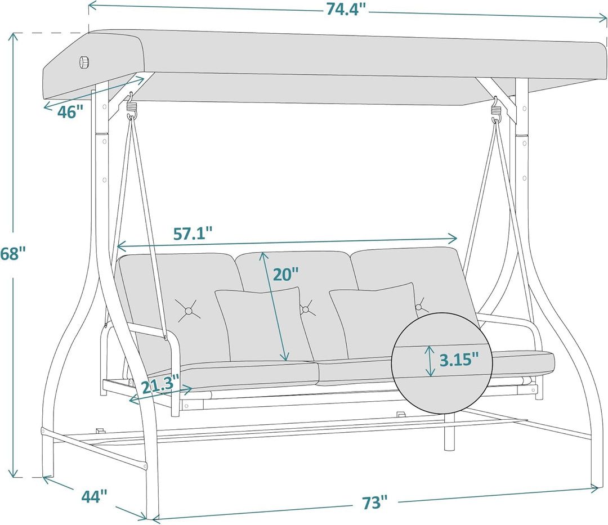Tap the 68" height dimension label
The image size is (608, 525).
pyautogui.click(x=13, y=254)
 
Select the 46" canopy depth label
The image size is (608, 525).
pyautogui.click(x=70, y=112)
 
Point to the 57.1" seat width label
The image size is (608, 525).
pyautogui.click(x=193, y=234)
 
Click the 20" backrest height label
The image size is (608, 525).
pyautogui.click(x=285, y=274)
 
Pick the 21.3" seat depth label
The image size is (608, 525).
pyautogui.click(x=160, y=387)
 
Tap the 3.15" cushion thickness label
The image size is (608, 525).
pyautogui.click(x=459, y=359)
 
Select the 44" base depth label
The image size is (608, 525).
pyautogui.click(x=94, y=496)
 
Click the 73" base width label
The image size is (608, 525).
pyautogui.click(x=375, y=502)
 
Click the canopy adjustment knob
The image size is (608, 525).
pyautogui.click(x=84, y=62)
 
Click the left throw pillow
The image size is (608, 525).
pyautogui.click(x=260, y=323)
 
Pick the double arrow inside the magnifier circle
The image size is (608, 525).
pyautogui.click(x=430, y=361)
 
